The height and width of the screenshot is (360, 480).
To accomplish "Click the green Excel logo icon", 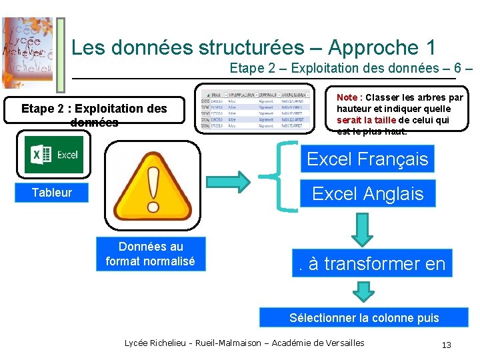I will (x=54, y=155).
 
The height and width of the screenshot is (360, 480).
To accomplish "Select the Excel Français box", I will (x=367, y=159).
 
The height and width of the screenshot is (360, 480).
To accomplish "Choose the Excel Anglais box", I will (x=367, y=194).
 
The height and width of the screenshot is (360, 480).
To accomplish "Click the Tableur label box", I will (x=52, y=193).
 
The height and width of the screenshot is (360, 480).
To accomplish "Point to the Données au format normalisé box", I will (x=151, y=254).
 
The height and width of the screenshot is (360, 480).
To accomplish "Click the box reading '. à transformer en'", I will (x=371, y=263).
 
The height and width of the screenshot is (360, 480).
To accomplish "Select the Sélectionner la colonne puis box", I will (x=364, y=317).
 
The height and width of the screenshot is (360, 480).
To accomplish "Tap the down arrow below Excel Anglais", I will (x=364, y=228).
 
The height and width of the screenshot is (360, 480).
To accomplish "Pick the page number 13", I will (x=447, y=345).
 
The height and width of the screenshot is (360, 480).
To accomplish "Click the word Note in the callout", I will (x=347, y=97).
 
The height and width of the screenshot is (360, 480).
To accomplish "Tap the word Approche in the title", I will (x=373, y=47).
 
